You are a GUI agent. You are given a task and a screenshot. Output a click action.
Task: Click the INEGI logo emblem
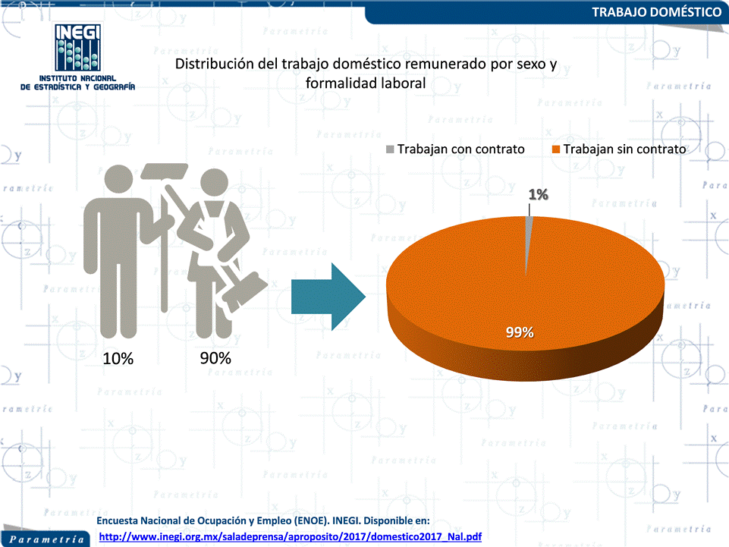pos(77,48)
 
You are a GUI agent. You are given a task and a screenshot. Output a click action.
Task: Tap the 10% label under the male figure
pos(118,359)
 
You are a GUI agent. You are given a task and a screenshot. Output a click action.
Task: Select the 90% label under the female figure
pos(215,358)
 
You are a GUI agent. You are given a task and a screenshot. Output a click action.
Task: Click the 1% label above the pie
pos(539,194)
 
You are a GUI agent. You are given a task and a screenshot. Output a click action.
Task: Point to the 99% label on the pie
pos(520,332)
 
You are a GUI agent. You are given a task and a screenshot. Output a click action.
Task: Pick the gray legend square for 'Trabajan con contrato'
pos(390,149)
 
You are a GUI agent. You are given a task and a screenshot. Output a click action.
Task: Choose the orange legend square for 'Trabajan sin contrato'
pos(556,149)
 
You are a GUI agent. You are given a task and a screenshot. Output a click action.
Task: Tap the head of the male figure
pos(119,178)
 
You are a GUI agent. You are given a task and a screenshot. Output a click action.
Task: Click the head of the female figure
pos(214,182)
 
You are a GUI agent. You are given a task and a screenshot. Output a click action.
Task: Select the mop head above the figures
pos(164,171)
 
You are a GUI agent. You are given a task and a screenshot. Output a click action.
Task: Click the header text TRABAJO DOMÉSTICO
pos(656,12)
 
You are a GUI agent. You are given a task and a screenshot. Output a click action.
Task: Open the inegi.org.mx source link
pos(290,537)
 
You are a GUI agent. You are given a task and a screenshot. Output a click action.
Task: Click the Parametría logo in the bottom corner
pos(46,539)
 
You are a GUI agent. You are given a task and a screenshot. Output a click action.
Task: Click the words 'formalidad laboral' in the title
pos(366,83)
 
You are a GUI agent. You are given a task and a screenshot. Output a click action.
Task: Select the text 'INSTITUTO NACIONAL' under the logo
pos(77,78)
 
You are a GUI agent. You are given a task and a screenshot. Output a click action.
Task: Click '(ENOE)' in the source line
pos(312,521)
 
